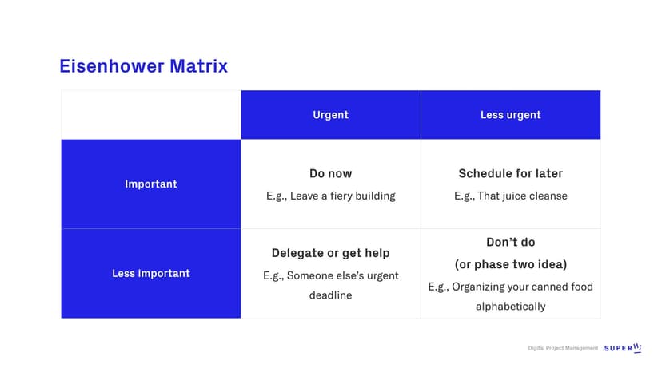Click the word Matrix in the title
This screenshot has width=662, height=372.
(x=199, y=66)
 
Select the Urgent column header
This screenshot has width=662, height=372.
(x=330, y=115)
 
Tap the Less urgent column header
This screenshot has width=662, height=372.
(x=510, y=115)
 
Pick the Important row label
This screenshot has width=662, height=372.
(x=151, y=184)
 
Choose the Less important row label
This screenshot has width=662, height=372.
(x=151, y=273)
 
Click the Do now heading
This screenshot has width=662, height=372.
(x=330, y=173)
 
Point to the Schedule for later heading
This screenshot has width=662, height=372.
(x=510, y=173)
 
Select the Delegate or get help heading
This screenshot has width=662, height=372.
(x=330, y=253)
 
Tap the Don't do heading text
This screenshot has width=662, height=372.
(x=510, y=242)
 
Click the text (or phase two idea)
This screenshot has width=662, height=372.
(x=510, y=264)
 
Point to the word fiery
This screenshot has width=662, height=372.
(x=341, y=196)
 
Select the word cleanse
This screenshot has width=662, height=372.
(x=545, y=196)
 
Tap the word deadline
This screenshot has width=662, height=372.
(x=330, y=295)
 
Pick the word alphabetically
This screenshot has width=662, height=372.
(x=510, y=307)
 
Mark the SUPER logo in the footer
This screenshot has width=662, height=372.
(x=623, y=348)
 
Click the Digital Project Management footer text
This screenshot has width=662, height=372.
(x=563, y=348)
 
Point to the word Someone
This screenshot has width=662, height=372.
(x=306, y=276)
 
